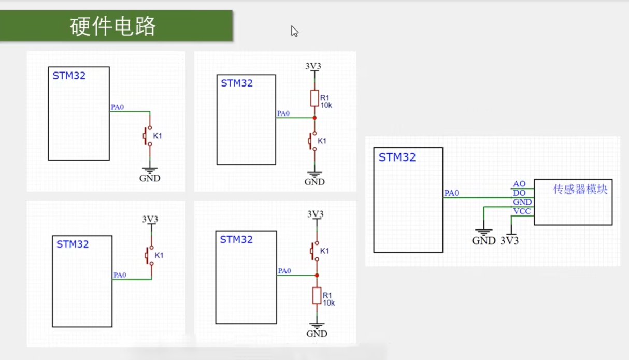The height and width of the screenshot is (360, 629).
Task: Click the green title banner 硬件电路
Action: coord(116,26)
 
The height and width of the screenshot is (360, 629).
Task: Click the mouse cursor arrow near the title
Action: coord(294,31)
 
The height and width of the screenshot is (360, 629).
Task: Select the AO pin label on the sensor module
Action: coord(519,184)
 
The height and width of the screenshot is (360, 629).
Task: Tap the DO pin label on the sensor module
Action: coord(519,193)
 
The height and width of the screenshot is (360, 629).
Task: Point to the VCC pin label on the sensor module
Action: coord(522,211)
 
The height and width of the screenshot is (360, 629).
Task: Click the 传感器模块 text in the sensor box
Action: coord(580,189)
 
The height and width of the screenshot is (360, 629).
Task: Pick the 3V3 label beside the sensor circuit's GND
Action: coord(509,241)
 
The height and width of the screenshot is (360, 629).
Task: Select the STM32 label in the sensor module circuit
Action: coord(397,157)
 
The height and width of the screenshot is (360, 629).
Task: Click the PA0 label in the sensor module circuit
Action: coord(451,193)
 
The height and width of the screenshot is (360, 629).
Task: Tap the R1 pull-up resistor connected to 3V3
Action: coord(314,98)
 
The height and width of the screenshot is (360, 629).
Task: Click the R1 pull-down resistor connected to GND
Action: coord(317,295)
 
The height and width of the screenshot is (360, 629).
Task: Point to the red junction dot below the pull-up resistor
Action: coord(314,118)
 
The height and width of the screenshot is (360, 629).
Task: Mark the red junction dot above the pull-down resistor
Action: coord(317,275)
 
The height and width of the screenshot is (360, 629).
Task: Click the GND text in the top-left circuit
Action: coord(150,178)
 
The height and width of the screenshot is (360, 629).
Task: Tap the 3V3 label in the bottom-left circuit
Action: coord(150,219)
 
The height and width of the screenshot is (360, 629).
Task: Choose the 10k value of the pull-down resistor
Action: coord(329,303)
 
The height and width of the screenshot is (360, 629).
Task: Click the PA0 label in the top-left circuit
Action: coord(117,107)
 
